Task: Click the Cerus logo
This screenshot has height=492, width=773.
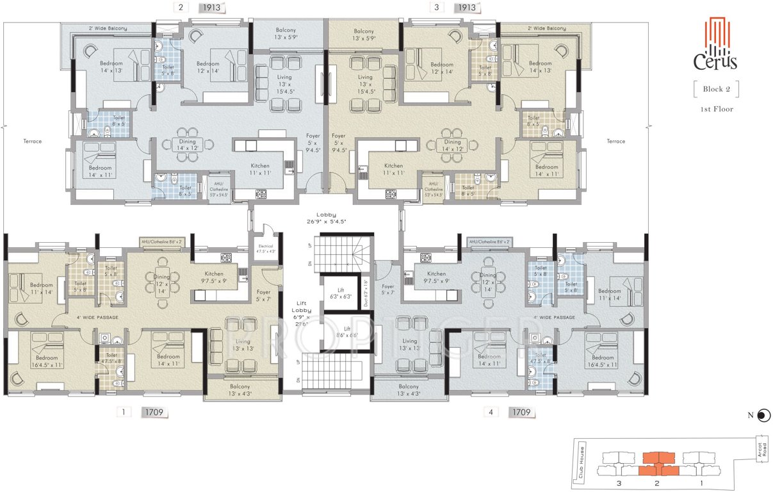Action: (x=716, y=44)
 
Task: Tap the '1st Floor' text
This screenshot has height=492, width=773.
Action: (x=716, y=110)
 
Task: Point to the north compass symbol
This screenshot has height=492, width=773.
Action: (x=762, y=416)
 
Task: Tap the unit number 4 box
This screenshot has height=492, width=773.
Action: (x=491, y=413)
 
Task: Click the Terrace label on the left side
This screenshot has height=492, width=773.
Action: (x=32, y=141)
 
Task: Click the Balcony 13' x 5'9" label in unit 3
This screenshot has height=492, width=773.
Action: (x=363, y=35)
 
